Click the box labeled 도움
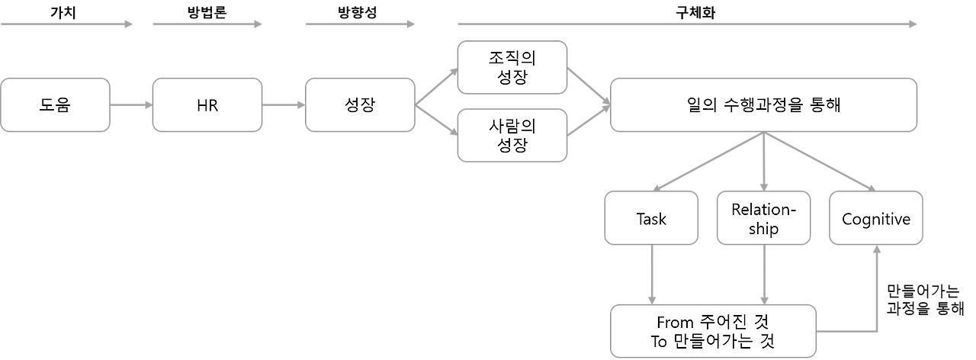point(55,104)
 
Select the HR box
point(207,104)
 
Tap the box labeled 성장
point(360,104)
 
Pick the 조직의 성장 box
point(512,68)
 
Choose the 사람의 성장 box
point(512,135)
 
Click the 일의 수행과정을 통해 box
point(763,104)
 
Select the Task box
point(651,219)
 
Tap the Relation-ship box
point(763,219)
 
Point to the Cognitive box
point(876,219)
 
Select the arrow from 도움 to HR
point(131,104)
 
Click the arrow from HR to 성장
point(284,104)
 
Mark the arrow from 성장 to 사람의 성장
point(436,122)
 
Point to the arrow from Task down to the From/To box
point(651,275)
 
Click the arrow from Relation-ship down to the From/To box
point(763,275)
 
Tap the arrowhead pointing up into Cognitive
point(877,252)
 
